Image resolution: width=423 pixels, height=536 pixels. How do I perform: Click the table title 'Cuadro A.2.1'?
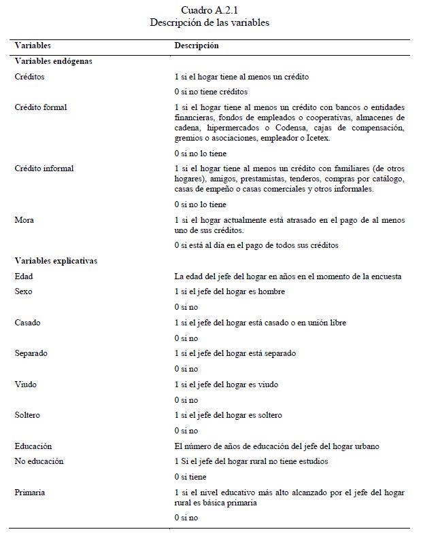point(210,10)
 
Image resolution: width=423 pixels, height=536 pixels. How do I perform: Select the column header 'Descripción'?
point(197,46)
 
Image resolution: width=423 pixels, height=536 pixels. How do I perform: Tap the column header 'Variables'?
point(33,46)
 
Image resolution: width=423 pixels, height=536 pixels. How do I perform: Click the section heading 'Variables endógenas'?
point(53,60)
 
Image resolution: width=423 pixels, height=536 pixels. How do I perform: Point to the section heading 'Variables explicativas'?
point(56,260)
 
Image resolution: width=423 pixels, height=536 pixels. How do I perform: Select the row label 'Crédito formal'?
point(41,107)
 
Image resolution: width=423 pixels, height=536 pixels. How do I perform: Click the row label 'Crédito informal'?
point(44,168)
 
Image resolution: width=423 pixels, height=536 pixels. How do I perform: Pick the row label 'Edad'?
point(24,276)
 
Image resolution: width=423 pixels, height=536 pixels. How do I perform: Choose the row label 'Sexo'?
point(24,291)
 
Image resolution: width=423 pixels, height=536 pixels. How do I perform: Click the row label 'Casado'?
point(27,323)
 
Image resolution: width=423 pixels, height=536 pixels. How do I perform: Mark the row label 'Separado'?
point(31,353)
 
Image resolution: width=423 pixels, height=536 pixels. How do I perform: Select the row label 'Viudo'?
point(26,385)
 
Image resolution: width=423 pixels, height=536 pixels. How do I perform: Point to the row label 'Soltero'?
point(28,415)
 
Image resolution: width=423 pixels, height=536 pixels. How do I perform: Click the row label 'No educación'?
point(39,461)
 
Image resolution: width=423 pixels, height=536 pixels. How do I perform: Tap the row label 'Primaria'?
point(30,492)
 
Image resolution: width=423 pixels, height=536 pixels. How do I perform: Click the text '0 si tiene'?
point(190,477)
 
